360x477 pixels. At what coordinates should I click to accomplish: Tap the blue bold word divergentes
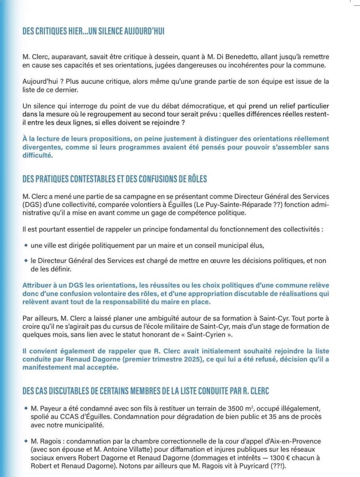(x=41, y=147)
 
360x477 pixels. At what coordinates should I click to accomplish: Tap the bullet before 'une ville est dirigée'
(x=26, y=245)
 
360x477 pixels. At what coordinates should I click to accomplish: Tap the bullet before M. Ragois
(x=26, y=441)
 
